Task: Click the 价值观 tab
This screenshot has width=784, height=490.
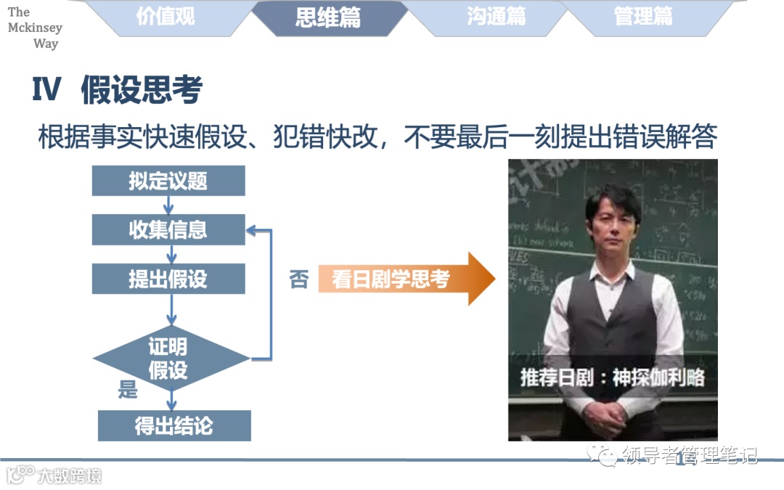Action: (166, 17)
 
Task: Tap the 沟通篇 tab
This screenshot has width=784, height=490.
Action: (497, 17)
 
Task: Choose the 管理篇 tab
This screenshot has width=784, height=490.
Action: (643, 17)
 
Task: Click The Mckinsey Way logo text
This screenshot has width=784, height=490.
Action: (34, 28)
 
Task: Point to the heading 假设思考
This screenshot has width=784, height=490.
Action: (142, 90)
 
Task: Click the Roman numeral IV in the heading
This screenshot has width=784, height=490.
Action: (48, 91)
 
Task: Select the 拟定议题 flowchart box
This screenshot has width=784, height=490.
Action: (168, 181)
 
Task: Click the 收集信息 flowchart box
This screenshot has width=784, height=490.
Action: (168, 230)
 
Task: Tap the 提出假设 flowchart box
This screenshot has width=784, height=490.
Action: (168, 279)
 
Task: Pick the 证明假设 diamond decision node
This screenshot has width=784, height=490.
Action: (169, 359)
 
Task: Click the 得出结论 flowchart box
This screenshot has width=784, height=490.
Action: (174, 425)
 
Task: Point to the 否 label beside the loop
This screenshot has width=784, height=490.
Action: (299, 279)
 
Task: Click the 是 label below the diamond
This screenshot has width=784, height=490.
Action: (128, 390)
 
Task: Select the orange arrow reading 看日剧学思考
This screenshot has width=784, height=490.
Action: (404, 279)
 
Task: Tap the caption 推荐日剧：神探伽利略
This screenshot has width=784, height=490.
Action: (612, 378)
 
